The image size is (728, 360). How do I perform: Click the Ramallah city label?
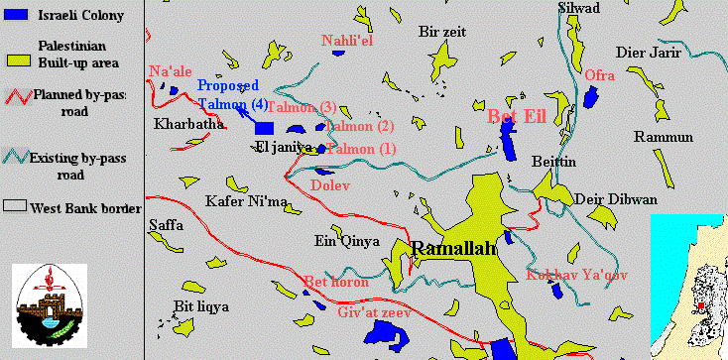point(453,249)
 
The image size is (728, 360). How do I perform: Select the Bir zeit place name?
point(442,32)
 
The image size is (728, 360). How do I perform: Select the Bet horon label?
point(336,283)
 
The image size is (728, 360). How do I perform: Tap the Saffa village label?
point(166,225)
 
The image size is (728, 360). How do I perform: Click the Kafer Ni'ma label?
point(245,202)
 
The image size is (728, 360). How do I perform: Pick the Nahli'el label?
point(347,41)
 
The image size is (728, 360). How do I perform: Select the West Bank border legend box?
point(17,207)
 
